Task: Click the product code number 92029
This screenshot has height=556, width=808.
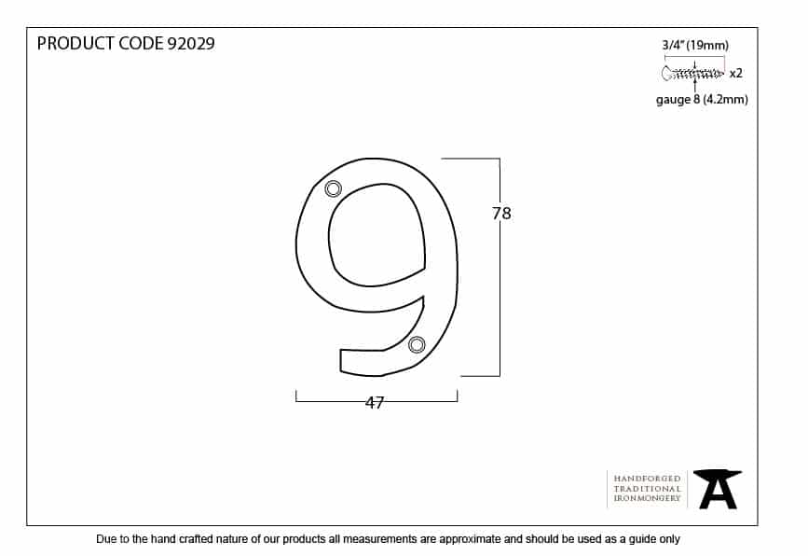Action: (191, 43)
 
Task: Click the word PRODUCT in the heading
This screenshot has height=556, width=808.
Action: (75, 43)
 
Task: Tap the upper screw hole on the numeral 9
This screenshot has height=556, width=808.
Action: (334, 188)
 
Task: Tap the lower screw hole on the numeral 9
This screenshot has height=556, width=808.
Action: (417, 344)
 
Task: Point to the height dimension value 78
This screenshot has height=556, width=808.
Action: (501, 213)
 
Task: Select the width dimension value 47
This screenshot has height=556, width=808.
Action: (375, 402)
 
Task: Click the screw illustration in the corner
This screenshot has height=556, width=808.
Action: (692, 74)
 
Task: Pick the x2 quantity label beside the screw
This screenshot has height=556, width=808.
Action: (736, 74)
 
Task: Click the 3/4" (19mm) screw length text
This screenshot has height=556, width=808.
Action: (695, 46)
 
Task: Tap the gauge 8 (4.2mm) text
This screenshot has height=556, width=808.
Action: (702, 99)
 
